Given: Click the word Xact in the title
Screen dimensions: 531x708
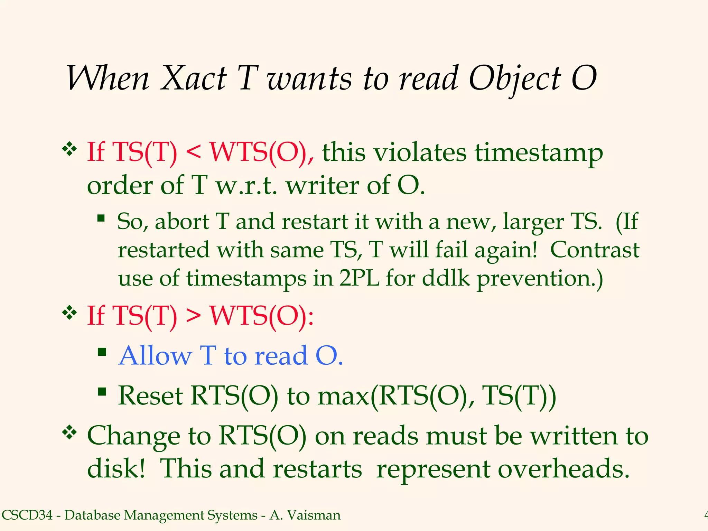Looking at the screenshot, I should [194, 79].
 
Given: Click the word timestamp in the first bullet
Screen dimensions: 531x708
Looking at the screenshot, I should [539, 154].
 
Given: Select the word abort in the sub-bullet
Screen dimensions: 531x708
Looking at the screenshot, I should [182, 222].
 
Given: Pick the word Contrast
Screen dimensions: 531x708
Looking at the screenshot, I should [595, 250].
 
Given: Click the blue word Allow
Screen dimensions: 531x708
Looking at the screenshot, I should [155, 356].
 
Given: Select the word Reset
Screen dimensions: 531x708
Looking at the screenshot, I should [150, 396].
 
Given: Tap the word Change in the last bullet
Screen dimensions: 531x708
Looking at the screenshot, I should [133, 436].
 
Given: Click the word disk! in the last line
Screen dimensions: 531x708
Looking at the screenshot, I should [116, 469].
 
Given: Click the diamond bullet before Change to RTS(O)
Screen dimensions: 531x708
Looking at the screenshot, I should [69, 433].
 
